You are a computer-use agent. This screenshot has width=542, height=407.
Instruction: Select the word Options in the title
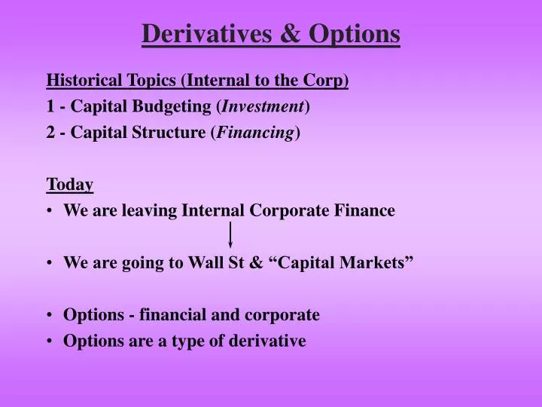(354, 34)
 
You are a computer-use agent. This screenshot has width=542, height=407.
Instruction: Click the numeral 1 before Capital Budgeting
(50, 106)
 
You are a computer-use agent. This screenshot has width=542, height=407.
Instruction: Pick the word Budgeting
(179, 106)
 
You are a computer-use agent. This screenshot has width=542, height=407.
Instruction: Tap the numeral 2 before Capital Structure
(50, 133)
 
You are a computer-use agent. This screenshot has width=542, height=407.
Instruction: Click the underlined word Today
(69, 185)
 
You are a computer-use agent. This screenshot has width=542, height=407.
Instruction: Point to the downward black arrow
(230, 235)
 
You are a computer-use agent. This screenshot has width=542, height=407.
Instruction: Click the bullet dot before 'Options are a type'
(50, 341)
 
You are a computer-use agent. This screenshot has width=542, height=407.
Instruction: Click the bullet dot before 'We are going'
(50, 263)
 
